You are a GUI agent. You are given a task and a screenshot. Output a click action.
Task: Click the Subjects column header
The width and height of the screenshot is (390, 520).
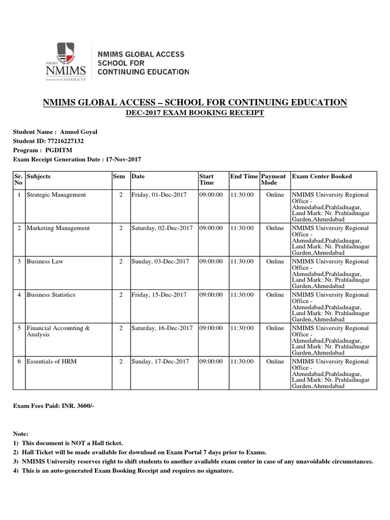click(39, 177)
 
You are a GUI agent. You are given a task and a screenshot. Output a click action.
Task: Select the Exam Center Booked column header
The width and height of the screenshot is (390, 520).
click(321, 177)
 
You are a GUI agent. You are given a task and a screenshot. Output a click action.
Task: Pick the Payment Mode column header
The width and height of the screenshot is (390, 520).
click(273, 180)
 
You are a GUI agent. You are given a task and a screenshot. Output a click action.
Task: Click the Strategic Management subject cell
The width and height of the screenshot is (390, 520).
click(56, 195)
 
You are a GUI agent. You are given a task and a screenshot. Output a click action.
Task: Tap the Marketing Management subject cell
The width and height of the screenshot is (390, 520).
click(58, 229)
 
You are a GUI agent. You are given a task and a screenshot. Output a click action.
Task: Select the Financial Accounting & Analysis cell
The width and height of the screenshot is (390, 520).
click(58, 332)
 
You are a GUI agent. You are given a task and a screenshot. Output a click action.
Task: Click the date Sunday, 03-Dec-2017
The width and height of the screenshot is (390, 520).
click(160, 262)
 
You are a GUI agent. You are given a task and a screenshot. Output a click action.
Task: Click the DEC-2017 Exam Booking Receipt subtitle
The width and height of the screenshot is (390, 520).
click(195, 113)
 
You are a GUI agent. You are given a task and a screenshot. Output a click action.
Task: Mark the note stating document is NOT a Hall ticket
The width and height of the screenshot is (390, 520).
click(68, 443)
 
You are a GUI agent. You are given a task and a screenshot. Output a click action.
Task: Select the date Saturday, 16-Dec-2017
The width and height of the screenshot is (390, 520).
click(162, 329)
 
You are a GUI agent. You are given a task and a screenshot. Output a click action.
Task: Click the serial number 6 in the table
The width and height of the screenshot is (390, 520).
click(19, 362)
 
